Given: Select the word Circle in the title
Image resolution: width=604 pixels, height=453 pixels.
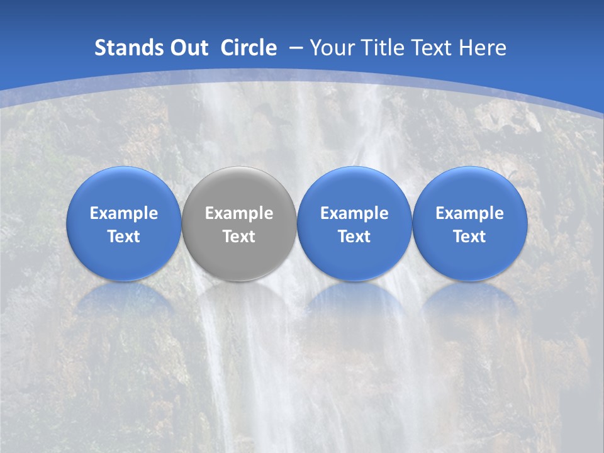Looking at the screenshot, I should tap(248, 48).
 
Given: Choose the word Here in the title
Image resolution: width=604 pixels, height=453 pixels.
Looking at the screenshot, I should tap(483, 48).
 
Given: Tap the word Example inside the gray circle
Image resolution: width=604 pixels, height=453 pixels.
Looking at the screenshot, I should tap(239, 213).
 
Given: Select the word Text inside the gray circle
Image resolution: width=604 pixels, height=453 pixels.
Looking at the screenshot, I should tap(239, 237).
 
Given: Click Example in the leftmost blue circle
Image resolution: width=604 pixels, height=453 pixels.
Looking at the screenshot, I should tap(124, 213).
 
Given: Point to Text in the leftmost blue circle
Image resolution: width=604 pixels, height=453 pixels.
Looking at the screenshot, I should tap(124, 237).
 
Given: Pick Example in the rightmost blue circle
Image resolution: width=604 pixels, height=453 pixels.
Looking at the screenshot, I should tap(469, 213).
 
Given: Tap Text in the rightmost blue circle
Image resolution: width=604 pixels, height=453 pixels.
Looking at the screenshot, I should tap(469, 237).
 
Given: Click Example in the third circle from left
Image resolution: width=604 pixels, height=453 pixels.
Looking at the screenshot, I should tap(354, 213).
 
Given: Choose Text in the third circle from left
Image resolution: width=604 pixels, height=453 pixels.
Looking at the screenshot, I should tap(354, 237).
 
